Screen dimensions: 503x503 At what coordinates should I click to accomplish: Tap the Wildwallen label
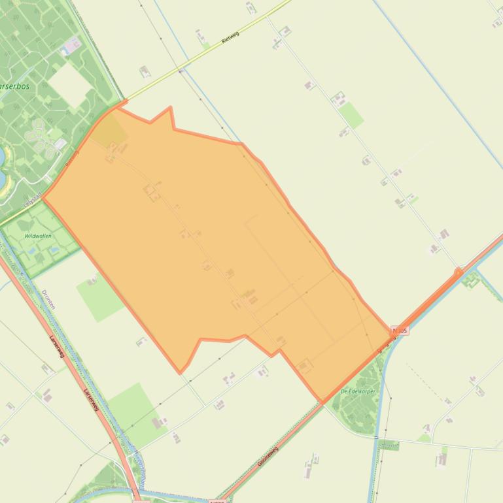pos(38,236)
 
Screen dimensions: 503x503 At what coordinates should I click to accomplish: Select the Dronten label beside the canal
pos(49,300)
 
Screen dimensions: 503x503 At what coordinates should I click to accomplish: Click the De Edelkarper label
pos(358,391)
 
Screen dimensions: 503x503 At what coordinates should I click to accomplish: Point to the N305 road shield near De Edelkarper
pos(400,331)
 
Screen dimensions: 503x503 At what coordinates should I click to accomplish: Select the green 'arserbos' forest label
pos(14,86)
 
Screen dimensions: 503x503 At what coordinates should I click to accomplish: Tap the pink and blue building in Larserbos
pos(71,46)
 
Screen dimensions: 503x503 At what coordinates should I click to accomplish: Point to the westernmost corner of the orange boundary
pos(43,198)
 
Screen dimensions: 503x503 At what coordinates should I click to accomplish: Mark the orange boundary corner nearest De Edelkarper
pos(322,401)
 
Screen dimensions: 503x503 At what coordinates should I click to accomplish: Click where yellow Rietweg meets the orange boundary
pos(124,101)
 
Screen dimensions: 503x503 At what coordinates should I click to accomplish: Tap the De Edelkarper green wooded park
pos(353,405)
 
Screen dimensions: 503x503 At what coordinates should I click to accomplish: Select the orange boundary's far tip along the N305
pos(459,271)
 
